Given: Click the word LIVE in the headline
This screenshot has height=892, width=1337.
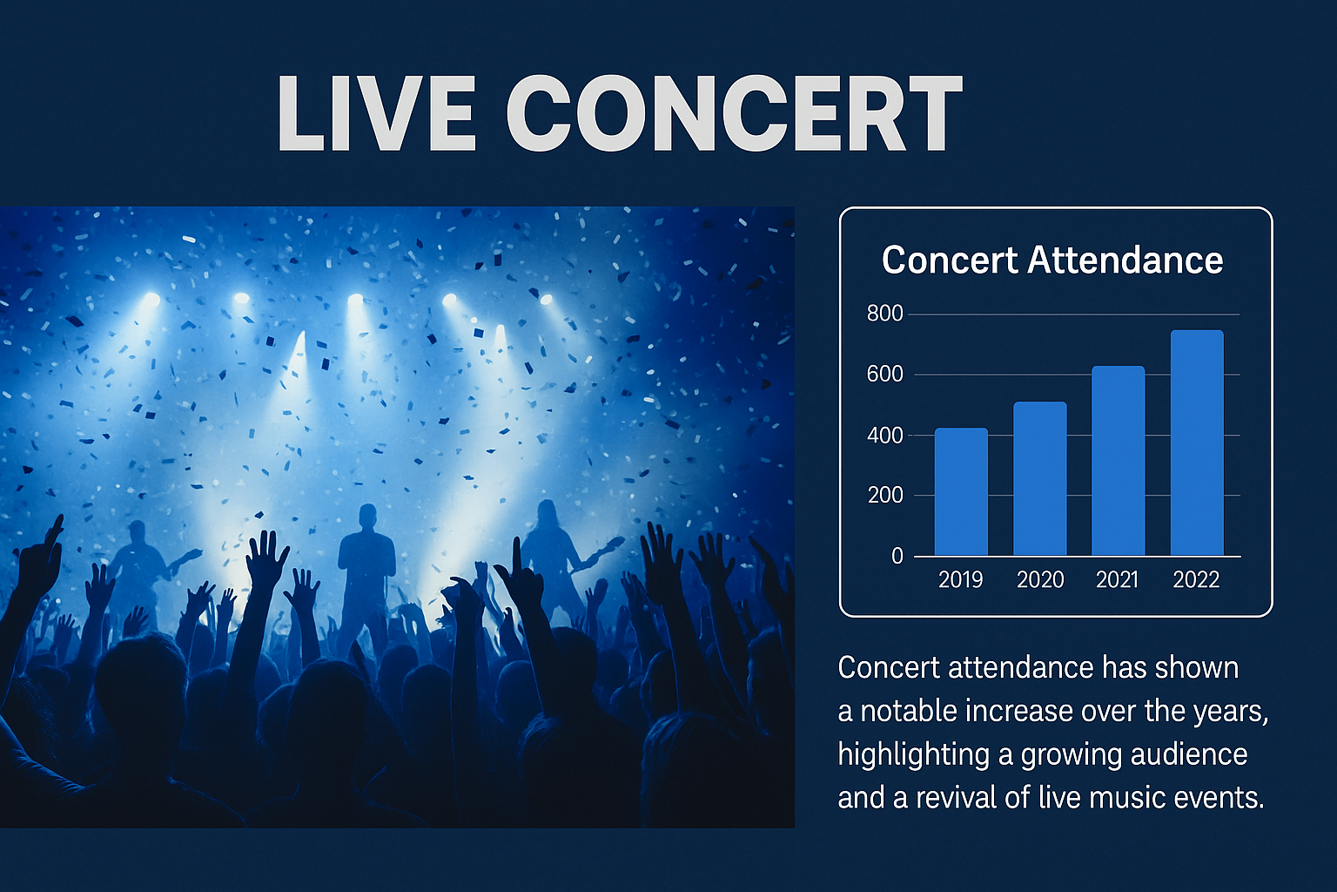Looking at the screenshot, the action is [377, 113].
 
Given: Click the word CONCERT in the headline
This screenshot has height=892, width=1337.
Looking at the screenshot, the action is [735, 113].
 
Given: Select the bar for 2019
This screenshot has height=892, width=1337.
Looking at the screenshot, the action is [961, 491].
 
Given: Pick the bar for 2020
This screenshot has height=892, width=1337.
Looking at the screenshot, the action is [1040, 478].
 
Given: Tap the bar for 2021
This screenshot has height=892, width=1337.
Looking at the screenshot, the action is [1118, 461].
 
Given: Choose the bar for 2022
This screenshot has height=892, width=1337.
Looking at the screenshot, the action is [1197, 443].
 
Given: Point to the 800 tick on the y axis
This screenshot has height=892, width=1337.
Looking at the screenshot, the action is [884, 314].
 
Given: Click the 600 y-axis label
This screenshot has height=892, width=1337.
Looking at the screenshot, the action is [884, 375].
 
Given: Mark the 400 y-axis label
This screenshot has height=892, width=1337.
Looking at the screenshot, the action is [884, 436].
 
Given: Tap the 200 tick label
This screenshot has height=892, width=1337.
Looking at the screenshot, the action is [885, 496].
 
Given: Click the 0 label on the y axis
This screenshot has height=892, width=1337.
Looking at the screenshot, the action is [897, 557].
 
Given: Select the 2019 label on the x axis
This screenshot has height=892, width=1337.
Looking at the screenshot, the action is [960, 579].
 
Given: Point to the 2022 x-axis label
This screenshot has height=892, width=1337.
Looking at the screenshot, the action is [1196, 579].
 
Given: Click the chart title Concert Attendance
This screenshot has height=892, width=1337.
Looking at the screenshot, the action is [1052, 260].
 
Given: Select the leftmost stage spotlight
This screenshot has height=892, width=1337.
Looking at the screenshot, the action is [151, 300].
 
